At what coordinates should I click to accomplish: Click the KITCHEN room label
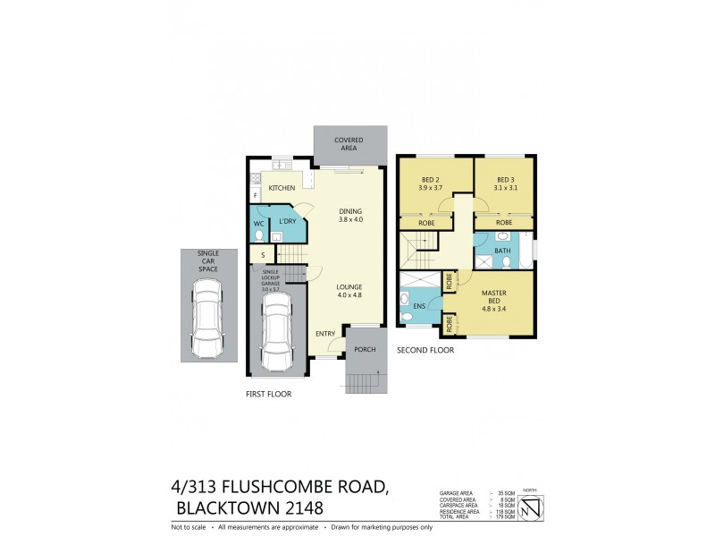(282, 188)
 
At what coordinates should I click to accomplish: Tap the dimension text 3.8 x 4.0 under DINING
(351, 219)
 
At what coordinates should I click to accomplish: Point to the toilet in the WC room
(259, 236)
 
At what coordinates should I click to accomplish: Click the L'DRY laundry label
(287, 221)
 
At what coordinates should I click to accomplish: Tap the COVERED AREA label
(350, 144)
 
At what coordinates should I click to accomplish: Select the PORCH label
(365, 349)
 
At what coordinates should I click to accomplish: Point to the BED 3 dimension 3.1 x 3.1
(507, 188)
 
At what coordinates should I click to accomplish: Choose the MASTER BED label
(494, 297)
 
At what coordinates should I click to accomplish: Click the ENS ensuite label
(419, 307)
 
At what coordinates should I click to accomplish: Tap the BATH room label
(503, 251)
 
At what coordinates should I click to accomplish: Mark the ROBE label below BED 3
(503, 222)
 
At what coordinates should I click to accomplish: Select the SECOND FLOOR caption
(425, 350)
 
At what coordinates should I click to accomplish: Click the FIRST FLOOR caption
(269, 393)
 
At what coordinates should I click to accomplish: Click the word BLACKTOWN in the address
(228, 508)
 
